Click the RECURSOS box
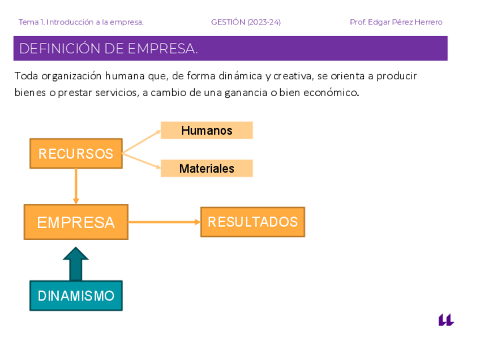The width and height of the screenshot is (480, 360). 76,153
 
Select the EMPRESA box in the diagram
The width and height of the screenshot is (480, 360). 76,222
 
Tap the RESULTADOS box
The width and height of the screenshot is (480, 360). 252,221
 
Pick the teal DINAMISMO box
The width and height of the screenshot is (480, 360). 76,295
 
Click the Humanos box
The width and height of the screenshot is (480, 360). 207,130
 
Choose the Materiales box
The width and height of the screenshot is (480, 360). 207,168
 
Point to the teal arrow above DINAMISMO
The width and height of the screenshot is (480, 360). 76,263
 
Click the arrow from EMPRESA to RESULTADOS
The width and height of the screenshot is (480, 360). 164,222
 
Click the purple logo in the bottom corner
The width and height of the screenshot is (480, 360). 446,320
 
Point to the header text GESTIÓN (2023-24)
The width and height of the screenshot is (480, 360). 246,22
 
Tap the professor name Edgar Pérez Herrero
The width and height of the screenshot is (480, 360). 405,22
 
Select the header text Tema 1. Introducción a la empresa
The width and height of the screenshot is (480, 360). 81,22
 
